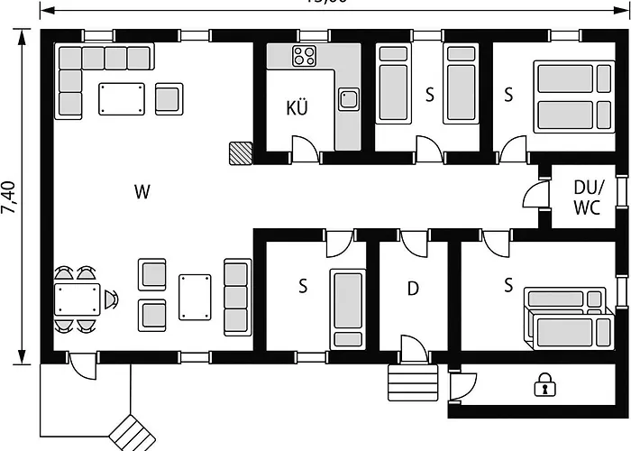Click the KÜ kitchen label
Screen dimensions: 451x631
[297, 109]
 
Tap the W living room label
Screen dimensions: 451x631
[142, 191]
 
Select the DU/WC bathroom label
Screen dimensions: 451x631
[589, 197]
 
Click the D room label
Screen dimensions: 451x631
[413, 289]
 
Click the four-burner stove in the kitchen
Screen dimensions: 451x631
[304, 58]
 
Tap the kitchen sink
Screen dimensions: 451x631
[347, 97]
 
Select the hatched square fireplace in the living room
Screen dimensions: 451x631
[241, 152]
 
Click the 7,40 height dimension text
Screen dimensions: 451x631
[9, 196]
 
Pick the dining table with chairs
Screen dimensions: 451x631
[78, 299]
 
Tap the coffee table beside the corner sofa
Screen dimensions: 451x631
[122, 98]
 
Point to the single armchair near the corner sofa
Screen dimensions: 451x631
[169, 98]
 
